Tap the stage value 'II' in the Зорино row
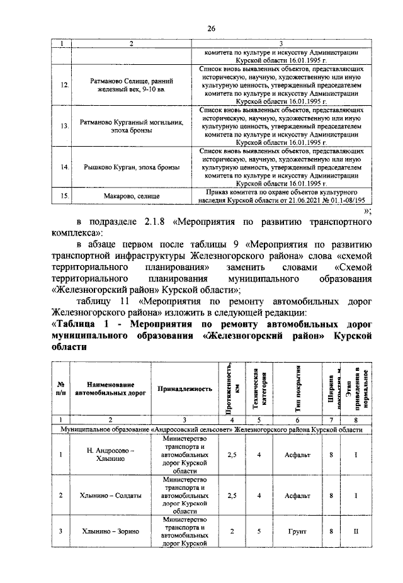coord(356,532)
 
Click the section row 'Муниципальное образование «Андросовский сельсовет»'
coord(212,429)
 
